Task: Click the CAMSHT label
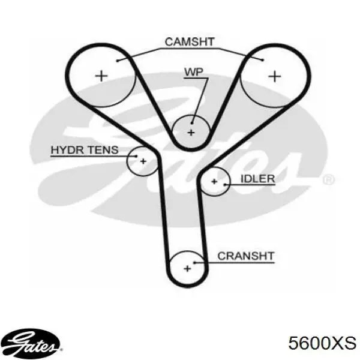tap(190, 42)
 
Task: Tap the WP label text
tap(194, 72)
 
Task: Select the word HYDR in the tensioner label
tap(67, 150)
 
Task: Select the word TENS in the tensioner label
tap(103, 150)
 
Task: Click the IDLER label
tap(257, 179)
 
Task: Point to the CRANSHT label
tap(246, 256)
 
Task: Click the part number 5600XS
tap(322, 343)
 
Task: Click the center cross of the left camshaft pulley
tap(101, 76)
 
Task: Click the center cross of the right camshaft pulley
tap(275, 76)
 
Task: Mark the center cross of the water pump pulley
tap(191, 133)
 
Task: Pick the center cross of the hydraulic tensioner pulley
tap(143, 161)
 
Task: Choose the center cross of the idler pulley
tap(214, 182)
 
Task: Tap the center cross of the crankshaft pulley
tap(188, 268)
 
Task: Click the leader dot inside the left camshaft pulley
tap(118, 61)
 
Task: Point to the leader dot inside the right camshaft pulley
tap(263, 60)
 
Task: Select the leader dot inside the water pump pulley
tap(192, 123)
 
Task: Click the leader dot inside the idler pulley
tap(225, 184)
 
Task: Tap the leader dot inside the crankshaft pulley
tap(194, 263)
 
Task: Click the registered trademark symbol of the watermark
tap(329, 180)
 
